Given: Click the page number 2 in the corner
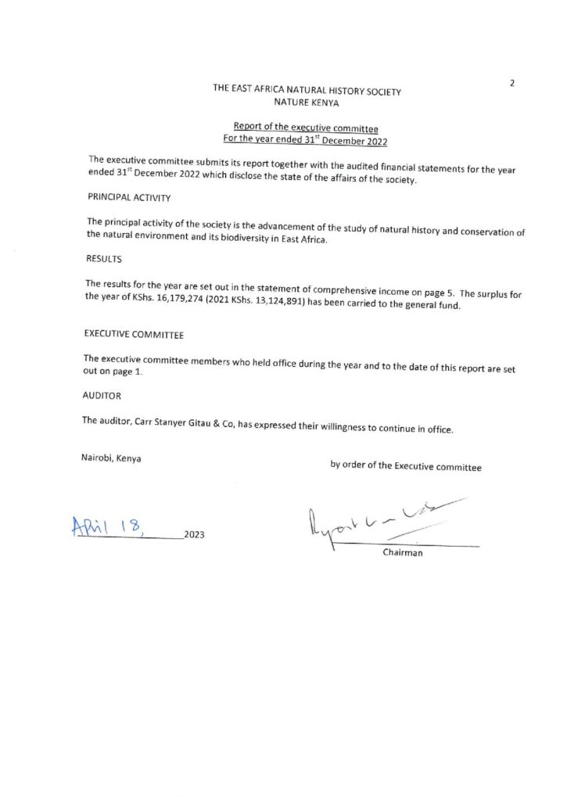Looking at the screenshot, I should [511, 82].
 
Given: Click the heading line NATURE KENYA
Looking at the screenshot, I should [307, 103].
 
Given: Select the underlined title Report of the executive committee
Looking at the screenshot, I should [306, 128].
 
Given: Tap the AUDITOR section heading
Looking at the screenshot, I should [102, 396].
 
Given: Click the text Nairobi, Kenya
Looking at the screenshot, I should [111, 459].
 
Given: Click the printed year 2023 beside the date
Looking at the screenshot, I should [194, 536].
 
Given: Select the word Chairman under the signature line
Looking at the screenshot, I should [403, 555].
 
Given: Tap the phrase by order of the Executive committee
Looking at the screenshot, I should [406, 466].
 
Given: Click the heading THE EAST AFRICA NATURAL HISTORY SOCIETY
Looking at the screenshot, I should [307, 91].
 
